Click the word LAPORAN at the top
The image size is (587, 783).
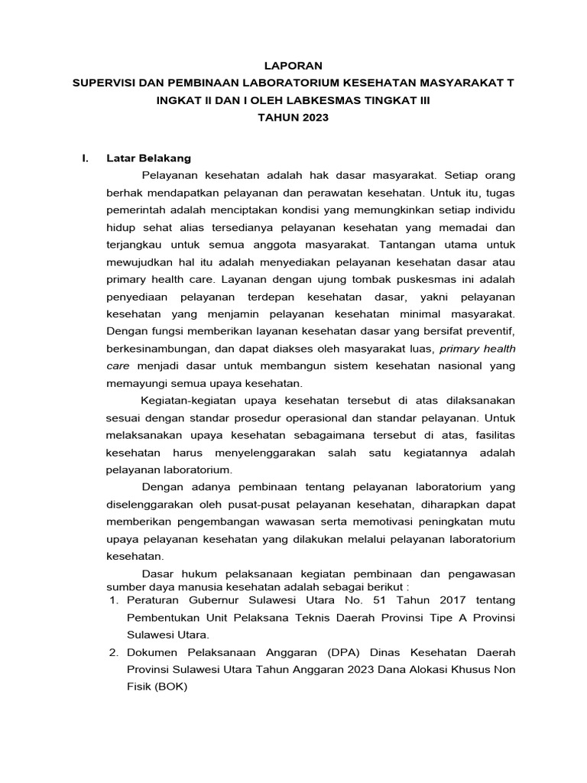293,66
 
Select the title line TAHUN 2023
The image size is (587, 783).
293,118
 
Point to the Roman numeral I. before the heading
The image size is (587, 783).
86,158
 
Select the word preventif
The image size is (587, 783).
489,331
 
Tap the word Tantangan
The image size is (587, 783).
402,245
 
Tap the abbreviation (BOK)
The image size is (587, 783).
170,687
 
